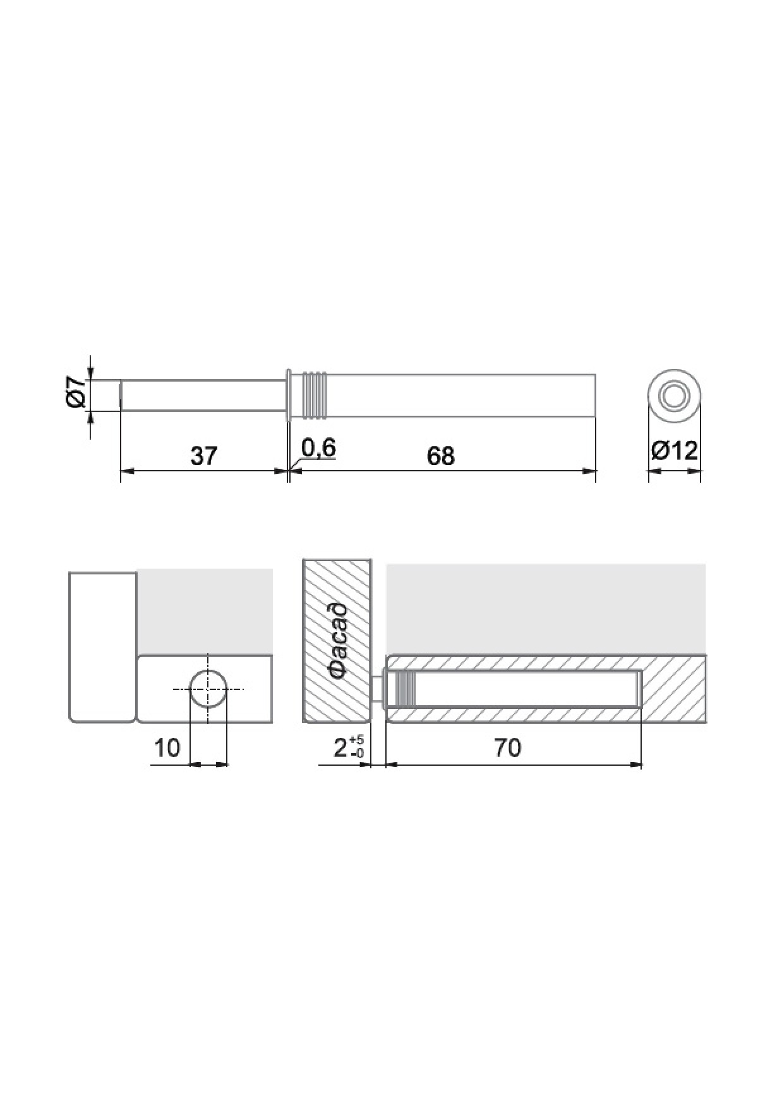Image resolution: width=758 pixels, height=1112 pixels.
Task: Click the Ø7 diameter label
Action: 76,392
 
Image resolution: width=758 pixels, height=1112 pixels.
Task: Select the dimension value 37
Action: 204,456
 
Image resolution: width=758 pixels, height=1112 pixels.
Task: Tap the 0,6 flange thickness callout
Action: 318,448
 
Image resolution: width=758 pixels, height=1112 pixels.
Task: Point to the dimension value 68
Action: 440,456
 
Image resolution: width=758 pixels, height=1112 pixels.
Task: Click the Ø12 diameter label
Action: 674,450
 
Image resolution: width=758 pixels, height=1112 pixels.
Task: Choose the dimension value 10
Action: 167,748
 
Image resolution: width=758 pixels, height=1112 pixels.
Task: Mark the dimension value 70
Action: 508,748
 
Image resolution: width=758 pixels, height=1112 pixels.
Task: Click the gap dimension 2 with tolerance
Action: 348,747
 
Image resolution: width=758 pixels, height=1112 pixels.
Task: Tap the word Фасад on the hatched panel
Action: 338,641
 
